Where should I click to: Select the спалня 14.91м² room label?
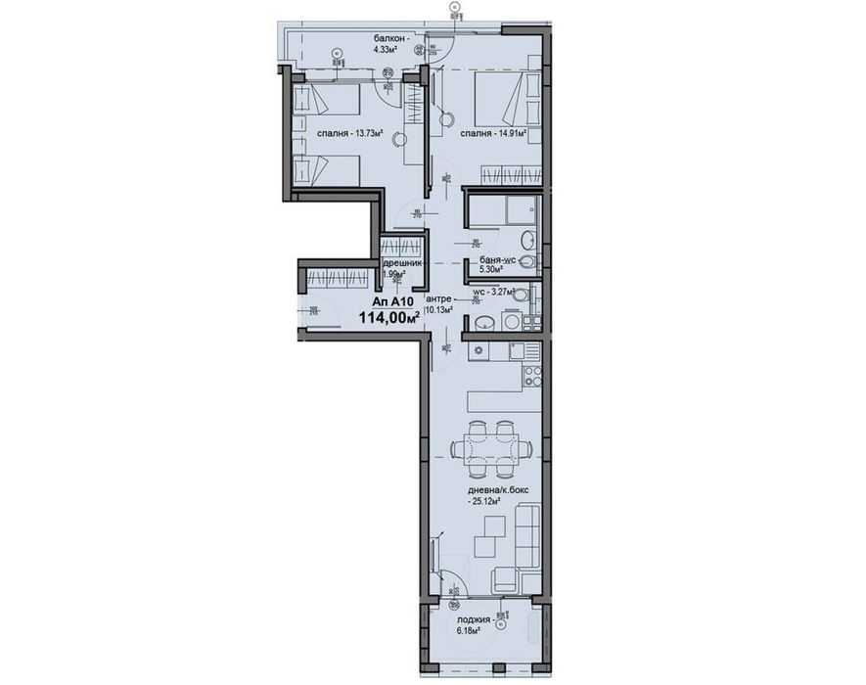(493, 134)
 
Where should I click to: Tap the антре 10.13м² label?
(439, 303)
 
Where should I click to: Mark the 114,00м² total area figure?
(388, 317)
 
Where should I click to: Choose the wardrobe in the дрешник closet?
(402, 248)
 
